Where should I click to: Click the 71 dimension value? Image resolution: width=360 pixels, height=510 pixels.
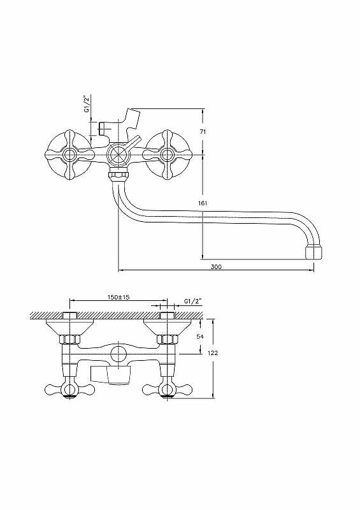(x=203, y=132)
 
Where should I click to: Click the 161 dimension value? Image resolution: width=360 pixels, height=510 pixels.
(x=202, y=203)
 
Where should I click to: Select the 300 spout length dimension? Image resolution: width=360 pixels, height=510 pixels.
(x=216, y=266)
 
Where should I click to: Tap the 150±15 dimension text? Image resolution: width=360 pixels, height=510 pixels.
(x=119, y=297)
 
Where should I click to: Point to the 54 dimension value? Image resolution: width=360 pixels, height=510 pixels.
(x=200, y=337)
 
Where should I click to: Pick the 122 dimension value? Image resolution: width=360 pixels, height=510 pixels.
(x=213, y=353)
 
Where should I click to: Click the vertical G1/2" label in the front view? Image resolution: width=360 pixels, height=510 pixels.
(x=87, y=104)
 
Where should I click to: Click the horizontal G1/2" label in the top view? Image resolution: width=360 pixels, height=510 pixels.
(x=192, y=301)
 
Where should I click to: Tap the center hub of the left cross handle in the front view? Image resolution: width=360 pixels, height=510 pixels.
(x=70, y=154)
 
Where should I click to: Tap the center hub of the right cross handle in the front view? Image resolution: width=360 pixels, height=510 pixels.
(x=167, y=154)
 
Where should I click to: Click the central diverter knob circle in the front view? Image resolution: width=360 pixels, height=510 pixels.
(x=119, y=154)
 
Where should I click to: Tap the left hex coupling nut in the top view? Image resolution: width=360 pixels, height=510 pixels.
(x=70, y=340)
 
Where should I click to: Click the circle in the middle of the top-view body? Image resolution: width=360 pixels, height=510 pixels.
(x=118, y=353)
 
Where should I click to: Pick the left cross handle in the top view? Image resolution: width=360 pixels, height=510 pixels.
(x=69, y=390)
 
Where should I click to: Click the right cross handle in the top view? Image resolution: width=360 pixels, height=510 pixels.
(x=167, y=390)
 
